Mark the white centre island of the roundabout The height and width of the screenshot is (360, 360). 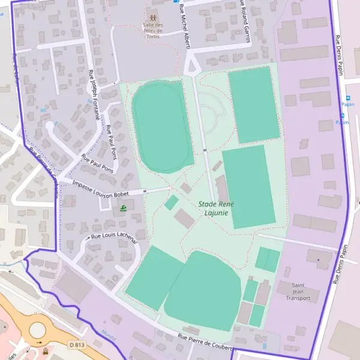point(37,329)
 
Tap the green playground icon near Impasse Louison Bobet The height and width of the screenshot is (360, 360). point(123,208)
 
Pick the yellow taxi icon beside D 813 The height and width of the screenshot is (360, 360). point(46,350)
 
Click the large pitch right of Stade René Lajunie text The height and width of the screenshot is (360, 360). point(248,186)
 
